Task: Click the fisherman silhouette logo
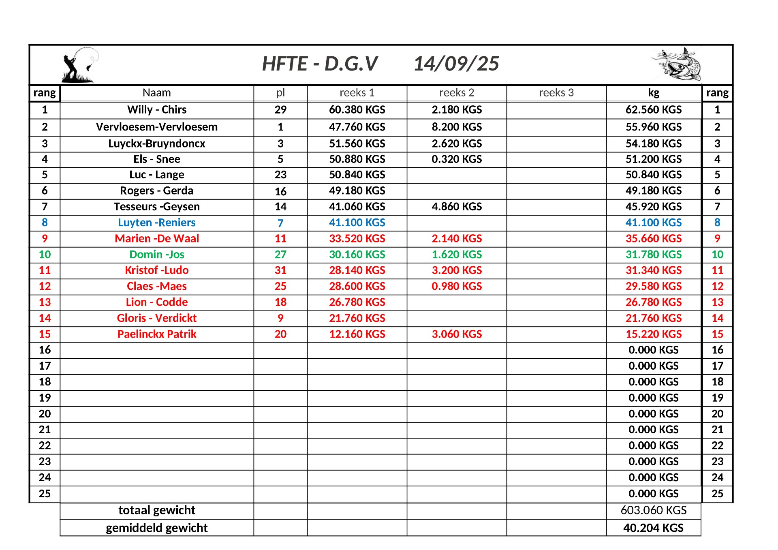[79, 65]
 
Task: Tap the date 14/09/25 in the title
[456, 64]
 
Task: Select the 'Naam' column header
[156, 93]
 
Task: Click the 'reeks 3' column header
[556, 93]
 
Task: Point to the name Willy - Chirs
[156, 110]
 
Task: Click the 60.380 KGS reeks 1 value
[357, 110]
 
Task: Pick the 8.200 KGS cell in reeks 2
[456, 127]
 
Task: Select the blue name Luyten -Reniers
[156, 223]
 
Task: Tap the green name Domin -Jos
[156, 255]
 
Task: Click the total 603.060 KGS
[653, 510]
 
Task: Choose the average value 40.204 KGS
[653, 528]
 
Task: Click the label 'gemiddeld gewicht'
[156, 528]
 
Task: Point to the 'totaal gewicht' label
[156, 510]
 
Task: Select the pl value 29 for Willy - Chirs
[280, 110]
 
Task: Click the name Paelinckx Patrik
[156, 334]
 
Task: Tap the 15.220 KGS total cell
[653, 334]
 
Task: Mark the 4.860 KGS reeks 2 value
[456, 207]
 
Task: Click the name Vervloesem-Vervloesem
[156, 127]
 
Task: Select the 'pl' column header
[280, 93]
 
